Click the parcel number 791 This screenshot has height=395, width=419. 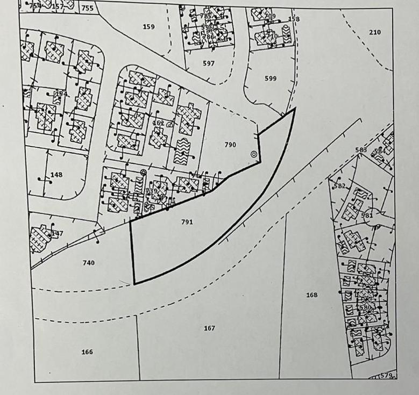(187, 221)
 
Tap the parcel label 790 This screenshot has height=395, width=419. (230, 145)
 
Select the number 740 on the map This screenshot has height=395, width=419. (89, 262)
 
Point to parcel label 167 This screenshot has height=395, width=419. (209, 328)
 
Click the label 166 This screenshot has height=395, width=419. (87, 352)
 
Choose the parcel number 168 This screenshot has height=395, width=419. (311, 295)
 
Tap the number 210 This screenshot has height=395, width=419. (375, 32)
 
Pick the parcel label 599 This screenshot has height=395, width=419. (271, 78)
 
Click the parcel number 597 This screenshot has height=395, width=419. (209, 63)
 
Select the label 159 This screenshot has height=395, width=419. (149, 26)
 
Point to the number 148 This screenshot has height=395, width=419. (56, 175)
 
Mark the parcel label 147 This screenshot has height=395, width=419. (57, 234)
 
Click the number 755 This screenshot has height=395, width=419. (87, 8)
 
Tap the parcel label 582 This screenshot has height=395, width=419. (339, 186)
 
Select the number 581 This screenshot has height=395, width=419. (367, 216)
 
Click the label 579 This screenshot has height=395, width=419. (387, 375)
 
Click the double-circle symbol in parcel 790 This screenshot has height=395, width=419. (254, 154)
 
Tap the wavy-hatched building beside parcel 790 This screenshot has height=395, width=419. (181, 152)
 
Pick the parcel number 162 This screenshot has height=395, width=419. (158, 123)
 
